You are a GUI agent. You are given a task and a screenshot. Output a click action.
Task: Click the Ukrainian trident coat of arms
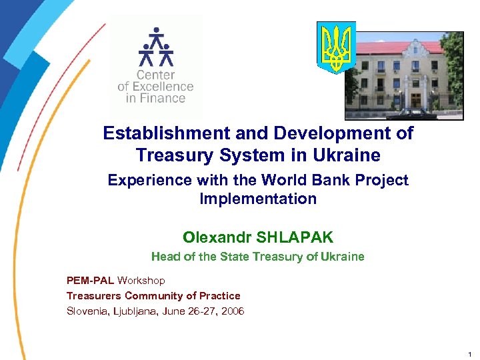pos(336,47)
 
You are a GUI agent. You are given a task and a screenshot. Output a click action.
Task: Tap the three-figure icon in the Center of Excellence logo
pos(155,47)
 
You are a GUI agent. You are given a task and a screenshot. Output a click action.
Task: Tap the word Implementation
pos(258,199)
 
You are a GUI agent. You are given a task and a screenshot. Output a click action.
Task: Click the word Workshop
pos(141,280)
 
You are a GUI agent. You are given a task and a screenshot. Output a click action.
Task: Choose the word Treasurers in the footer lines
pos(94,295)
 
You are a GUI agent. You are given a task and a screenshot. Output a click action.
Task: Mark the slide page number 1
pos(469,354)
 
